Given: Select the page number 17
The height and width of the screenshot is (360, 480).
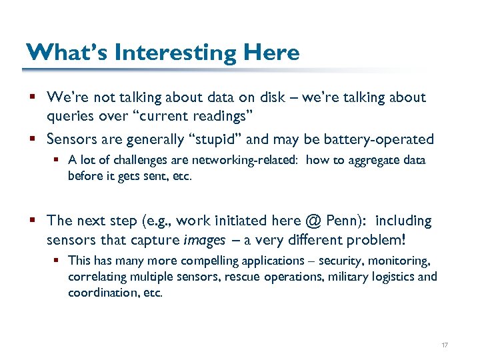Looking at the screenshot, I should [x=445, y=345].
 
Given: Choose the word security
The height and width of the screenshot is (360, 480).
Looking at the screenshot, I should [x=354, y=261].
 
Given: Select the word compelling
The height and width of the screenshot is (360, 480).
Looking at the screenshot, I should [x=209, y=261].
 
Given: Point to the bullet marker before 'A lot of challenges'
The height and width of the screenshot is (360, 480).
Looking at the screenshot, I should [x=58, y=161].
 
